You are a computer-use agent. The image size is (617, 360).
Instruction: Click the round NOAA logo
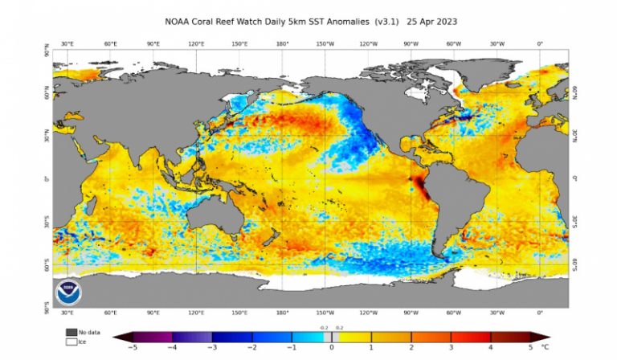(67, 291)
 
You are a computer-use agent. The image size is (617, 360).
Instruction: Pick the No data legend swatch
(71, 332)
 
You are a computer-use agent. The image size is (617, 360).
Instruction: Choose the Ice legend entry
(71, 342)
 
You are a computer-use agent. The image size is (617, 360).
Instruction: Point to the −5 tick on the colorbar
(131, 348)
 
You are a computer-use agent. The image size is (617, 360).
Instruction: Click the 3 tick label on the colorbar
(452, 348)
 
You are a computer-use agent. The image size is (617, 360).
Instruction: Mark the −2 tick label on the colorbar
(251, 348)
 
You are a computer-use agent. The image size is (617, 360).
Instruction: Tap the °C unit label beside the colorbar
(546, 348)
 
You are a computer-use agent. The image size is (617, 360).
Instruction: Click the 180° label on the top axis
(282, 44)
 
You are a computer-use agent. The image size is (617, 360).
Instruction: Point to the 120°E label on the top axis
(195, 44)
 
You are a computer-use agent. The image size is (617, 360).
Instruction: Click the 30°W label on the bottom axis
(497, 312)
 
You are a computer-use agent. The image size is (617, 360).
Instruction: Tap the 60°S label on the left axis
(46, 264)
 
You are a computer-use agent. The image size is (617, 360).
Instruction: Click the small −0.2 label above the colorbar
(321, 329)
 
